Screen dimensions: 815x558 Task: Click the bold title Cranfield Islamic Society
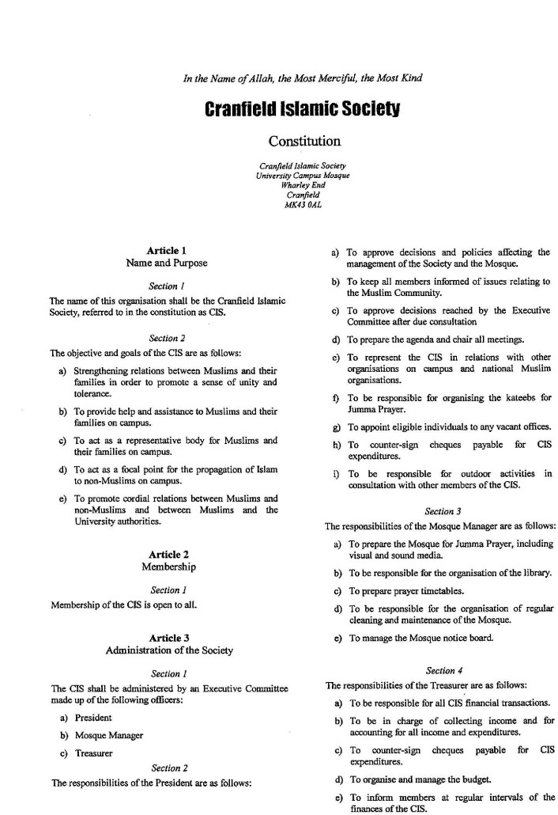pos(304,108)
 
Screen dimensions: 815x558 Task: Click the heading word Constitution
pos(304,142)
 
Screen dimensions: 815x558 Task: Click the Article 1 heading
pos(167,251)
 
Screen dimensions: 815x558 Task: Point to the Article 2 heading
pos(168,555)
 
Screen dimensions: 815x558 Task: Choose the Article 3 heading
pos(169,638)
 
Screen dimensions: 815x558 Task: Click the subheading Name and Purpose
pos(167,263)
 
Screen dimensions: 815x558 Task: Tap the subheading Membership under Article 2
pos(168,567)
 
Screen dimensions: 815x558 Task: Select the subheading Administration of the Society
pos(169,650)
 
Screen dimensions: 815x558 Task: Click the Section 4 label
pos(441,671)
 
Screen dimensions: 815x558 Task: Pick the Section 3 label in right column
pos(441,512)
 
